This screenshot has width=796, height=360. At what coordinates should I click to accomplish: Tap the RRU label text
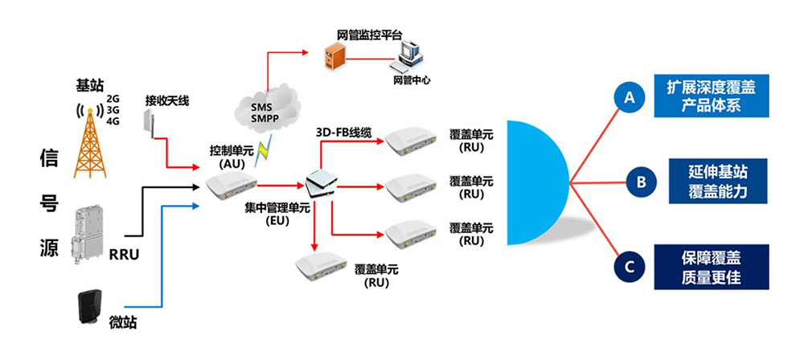124,257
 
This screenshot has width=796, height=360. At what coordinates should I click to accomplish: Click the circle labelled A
630,97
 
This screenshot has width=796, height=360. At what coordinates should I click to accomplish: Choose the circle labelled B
640,182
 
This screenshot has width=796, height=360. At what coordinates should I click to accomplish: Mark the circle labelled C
630,266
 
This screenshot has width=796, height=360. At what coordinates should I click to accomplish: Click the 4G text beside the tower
113,122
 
